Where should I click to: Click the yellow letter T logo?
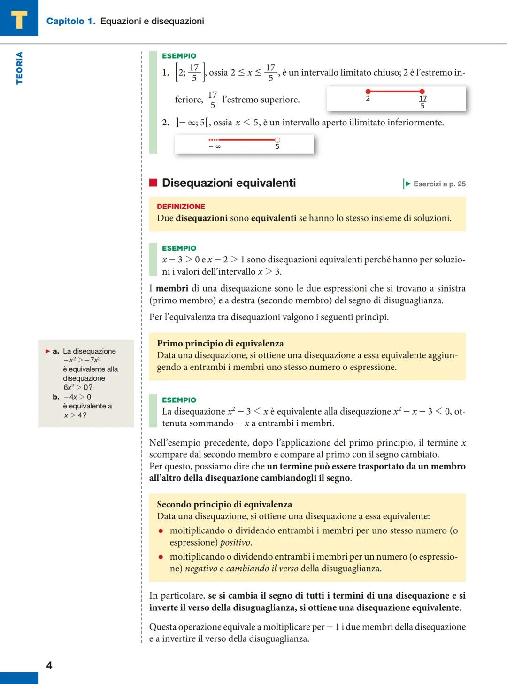pyautogui.click(x=19, y=19)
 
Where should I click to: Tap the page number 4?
pyautogui.click(x=49, y=665)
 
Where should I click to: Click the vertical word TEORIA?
pyautogui.click(x=19, y=68)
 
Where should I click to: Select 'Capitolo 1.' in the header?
pyautogui.click(x=70, y=21)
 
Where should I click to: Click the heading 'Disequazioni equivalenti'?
pyautogui.click(x=229, y=183)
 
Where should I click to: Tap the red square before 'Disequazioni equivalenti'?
pyautogui.click(x=153, y=183)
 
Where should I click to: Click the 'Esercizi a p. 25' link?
pyautogui.click(x=439, y=184)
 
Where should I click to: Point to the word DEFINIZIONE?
pyautogui.click(x=181, y=207)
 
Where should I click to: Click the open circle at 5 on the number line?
pyautogui.click(x=277, y=140)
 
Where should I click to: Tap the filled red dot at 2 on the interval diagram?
pyautogui.click(x=368, y=92)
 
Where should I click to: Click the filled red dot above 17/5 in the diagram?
pyautogui.click(x=422, y=92)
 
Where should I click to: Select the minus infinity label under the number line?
pyautogui.click(x=215, y=147)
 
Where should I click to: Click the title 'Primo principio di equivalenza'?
pyautogui.click(x=220, y=343)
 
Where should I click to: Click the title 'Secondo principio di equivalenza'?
pyautogui.click(x=224, y=504)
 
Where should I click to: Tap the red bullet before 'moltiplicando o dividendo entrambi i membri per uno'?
pyautogui.click(x=161, y=531)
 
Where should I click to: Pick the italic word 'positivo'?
pyautogui.click(x=235, y=542)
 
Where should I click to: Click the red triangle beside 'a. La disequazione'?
pyautogui.click(x=48, y=351)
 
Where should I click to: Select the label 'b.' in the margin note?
pyautogui.click(x=56, y=397)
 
